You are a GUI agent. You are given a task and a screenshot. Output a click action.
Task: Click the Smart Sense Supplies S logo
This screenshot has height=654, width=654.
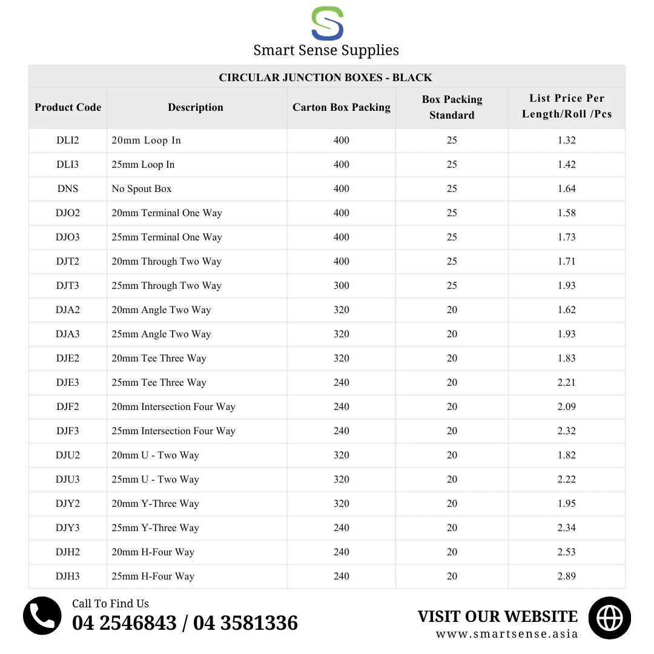click(327, 24)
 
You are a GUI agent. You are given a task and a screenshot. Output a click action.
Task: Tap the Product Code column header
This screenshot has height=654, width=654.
click(68, 107)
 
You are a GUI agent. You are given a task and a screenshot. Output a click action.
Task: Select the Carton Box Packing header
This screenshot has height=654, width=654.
click(342, 107)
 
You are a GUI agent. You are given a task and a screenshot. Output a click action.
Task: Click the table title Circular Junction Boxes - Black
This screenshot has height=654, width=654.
click(326, 78)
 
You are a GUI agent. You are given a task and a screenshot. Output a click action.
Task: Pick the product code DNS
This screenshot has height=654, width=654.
click(68, 188)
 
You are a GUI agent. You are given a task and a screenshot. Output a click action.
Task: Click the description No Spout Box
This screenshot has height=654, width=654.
click(142, 188)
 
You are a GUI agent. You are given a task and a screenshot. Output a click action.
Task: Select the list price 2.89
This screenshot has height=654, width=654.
click(567, 576)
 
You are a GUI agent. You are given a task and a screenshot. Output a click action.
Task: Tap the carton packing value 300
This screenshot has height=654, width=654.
click(342, 285)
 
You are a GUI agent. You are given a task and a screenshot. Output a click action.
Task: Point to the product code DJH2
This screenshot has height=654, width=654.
click(68, 552)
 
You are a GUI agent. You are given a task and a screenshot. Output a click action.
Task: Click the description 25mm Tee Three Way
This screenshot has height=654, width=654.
click(159, 382)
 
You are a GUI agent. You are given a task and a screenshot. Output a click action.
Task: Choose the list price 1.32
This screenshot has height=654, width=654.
click(567, 140)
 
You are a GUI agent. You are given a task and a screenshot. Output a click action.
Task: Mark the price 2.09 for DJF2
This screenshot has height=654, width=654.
click(567, 406)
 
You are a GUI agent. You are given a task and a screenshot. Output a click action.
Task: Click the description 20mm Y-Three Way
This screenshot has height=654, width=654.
click(156, 503)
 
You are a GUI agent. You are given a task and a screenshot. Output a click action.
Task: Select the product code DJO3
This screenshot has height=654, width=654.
click(68, 237)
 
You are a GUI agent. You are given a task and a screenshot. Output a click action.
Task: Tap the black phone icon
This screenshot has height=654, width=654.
click(42, 616)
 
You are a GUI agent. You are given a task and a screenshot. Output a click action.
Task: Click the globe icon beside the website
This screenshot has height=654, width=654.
click(610, 618)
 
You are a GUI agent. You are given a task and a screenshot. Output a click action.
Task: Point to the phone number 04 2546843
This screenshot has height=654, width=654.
click(124, 623)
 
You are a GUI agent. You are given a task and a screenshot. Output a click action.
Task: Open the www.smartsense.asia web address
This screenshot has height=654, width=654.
click(507, 634)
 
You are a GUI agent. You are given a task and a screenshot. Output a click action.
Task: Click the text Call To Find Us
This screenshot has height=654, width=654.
click(110, 603)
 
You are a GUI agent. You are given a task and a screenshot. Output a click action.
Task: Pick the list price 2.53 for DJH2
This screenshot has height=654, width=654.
click(567, 552)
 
